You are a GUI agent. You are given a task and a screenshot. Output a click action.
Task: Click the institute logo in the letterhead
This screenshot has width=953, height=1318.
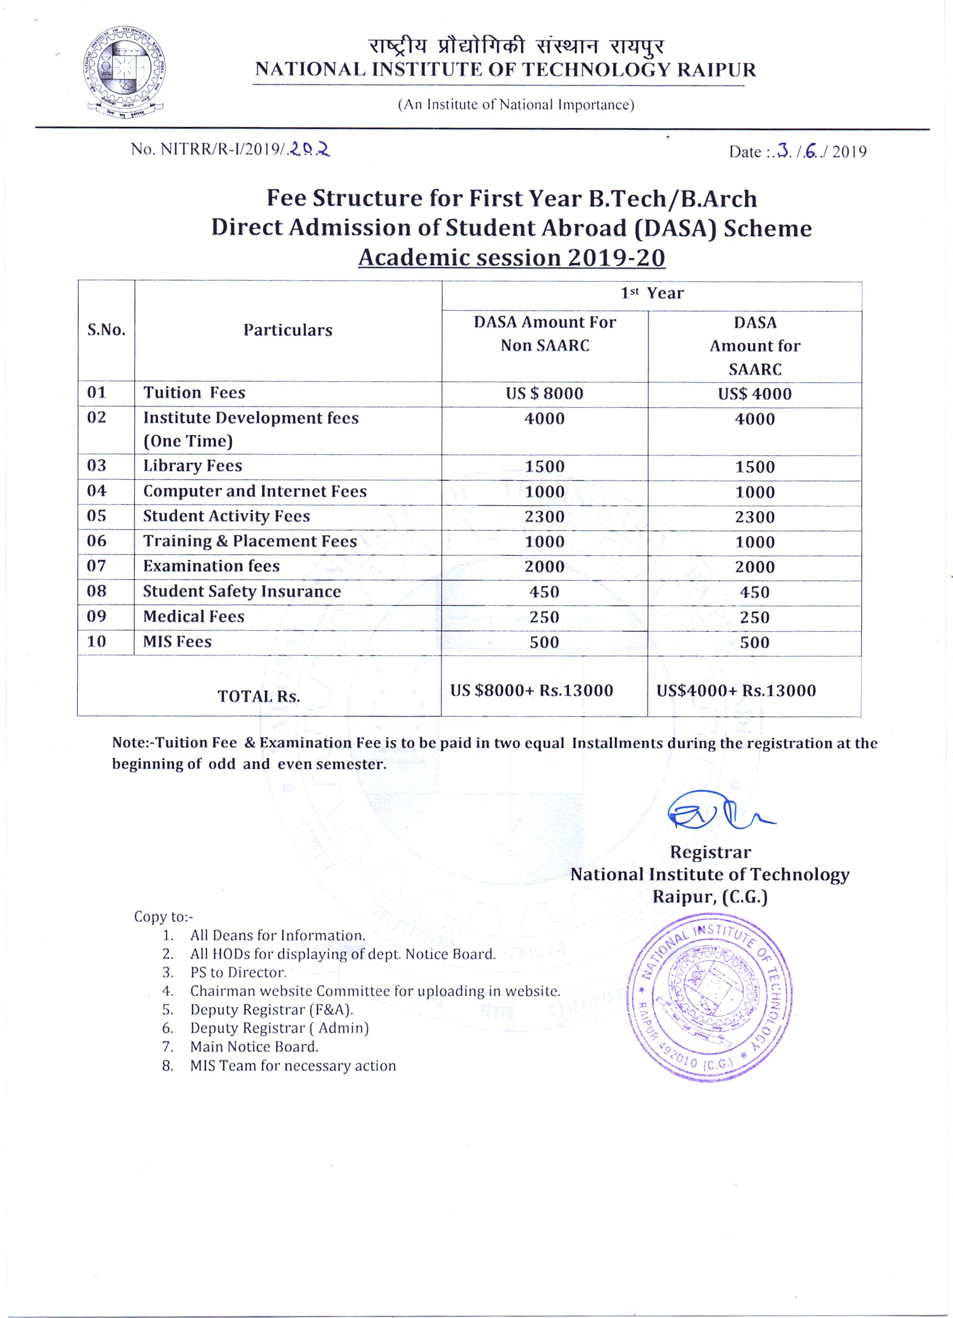pos(124,71)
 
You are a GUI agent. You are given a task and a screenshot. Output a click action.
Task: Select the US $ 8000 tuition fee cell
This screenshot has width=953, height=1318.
pos(544,394)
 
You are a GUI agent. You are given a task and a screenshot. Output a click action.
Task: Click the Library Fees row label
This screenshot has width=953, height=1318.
pos(192,466)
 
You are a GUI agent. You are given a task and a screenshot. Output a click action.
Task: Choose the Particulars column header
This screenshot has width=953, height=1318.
pos(287,330)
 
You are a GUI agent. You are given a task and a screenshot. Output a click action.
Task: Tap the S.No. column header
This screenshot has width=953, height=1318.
pos(107,330)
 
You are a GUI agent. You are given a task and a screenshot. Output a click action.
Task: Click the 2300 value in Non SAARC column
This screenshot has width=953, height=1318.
pos(544,517)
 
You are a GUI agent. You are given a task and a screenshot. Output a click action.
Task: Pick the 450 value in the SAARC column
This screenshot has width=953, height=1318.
pos(754,592)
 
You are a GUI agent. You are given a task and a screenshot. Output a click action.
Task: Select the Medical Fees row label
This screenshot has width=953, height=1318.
pos(193,616)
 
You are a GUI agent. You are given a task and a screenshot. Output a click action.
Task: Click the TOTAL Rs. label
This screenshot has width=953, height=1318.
pos(259,696)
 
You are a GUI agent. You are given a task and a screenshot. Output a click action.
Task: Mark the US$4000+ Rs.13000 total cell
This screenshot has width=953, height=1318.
pos(736,690)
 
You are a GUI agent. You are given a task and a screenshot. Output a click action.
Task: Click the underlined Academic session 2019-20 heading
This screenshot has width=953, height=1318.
pos(511,258)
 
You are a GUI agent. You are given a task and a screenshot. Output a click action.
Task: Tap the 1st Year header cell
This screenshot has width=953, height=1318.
pos(651,293)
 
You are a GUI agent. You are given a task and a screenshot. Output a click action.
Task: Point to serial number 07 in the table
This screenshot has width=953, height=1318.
pos(96,566)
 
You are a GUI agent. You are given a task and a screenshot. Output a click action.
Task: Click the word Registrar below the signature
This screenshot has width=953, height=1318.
pos(710,852)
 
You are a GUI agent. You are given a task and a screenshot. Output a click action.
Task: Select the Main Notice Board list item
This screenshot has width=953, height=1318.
pos(254,1046)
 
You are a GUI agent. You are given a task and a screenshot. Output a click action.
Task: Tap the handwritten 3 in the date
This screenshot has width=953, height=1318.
pos(784,151)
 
